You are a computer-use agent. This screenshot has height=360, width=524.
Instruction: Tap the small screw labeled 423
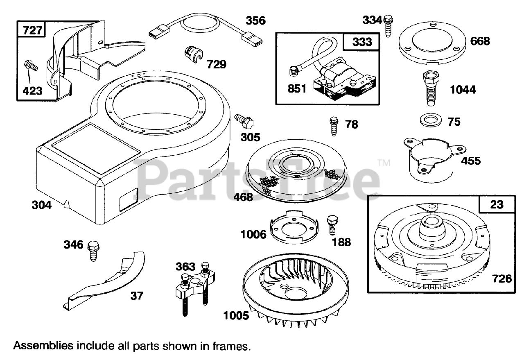tap(30, 65)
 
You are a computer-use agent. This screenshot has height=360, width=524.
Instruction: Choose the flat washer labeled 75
tap(428, 122)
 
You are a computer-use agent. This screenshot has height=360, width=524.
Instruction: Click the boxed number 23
tap(497, 204)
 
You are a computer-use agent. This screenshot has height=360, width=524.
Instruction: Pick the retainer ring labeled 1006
tap(294, 229)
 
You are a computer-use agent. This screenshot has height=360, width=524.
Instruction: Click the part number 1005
tap(236, 316)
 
